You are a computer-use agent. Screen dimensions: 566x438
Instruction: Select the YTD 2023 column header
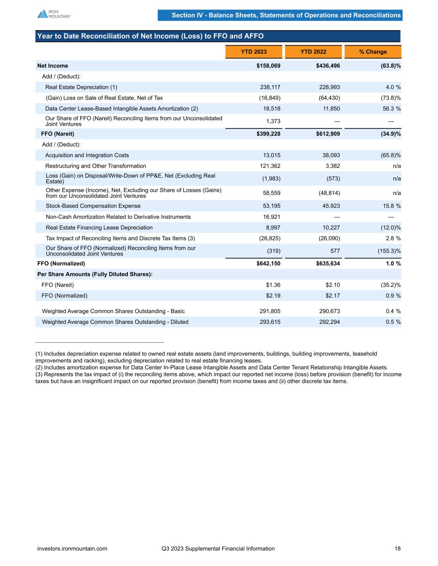point(254,52)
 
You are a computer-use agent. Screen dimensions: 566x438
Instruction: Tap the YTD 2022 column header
point(313,52)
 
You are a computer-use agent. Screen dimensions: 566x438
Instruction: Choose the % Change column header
point(373,52)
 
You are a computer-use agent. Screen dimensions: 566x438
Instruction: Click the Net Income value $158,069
point(268,66)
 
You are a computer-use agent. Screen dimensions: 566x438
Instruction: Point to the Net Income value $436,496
point(328,66)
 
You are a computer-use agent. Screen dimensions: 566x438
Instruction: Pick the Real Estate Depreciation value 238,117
point(270,87)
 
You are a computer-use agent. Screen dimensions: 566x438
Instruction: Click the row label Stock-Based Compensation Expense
point(93,206)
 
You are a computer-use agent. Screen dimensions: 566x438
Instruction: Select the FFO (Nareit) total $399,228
point(268,134)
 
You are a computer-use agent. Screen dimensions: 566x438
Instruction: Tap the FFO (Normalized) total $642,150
point(268,264)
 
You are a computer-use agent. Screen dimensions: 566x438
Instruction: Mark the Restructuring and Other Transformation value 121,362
point(270,166)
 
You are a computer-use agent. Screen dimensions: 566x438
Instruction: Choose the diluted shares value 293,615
point(270,322)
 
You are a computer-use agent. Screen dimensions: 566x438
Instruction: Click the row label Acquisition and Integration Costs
point(87,155)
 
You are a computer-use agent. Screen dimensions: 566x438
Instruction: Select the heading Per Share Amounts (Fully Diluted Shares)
point(95,274)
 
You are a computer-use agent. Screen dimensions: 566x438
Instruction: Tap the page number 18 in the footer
point(397,549)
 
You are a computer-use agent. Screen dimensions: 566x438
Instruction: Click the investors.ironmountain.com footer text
point(72,549)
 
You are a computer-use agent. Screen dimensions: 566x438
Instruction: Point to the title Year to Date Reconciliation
point(150,36)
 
